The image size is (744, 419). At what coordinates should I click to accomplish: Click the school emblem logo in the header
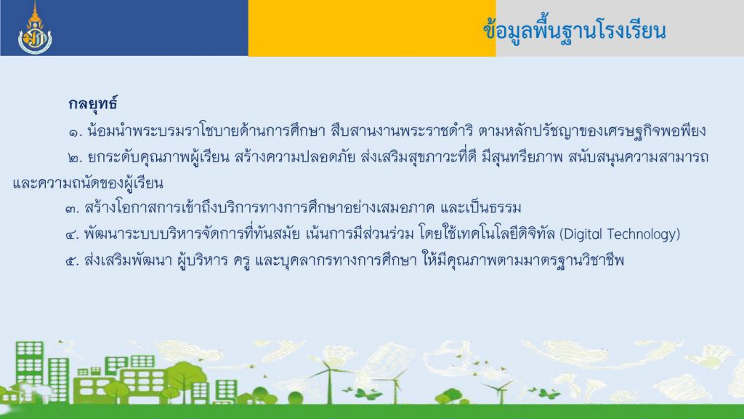[x=35, y=28]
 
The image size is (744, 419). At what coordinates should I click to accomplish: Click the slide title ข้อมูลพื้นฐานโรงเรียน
[x=575, y=31]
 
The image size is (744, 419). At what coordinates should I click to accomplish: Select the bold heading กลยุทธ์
[x=92, y=103]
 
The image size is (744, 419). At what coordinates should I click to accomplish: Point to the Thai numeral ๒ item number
[x=75, y=158]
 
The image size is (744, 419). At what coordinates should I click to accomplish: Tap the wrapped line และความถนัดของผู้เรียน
[x=88, y=183]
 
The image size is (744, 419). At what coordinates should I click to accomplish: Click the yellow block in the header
[x=372, y=28]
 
